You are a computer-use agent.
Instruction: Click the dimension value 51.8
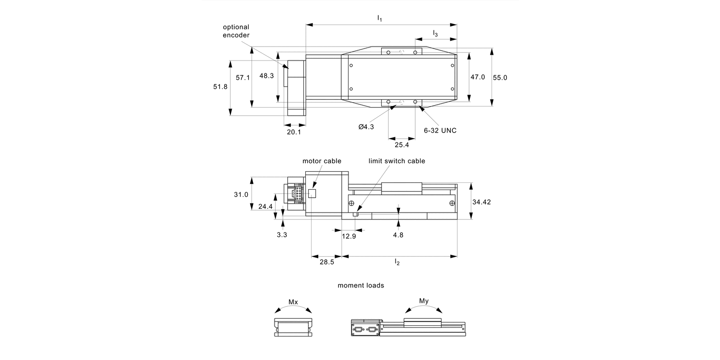[x=220, y=86]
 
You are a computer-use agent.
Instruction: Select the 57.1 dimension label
[x=242, y=77]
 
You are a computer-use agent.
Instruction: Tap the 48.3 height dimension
[x=266, y=76]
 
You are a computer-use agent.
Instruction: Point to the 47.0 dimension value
[x=478, y=77]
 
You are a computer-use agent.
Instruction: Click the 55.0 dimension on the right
[x=500, y=77]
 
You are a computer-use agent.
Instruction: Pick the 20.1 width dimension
[x=294, y=132]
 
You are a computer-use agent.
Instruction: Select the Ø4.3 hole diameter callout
[x=366, y=127]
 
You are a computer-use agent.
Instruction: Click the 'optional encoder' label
[x=236, y=31]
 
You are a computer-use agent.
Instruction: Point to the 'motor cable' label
[x=322, y=161]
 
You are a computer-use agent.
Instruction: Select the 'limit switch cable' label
[x=396, y=161]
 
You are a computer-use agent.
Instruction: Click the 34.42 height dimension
[x=481, y=202]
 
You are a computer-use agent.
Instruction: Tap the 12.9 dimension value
[x=349, y=236]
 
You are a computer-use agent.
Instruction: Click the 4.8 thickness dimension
[x=398, y=235]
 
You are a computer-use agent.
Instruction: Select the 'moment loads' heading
[x=360, y=285]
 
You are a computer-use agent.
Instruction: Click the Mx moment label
[x=293, y=302]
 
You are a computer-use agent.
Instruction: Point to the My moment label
[x=424, y=301]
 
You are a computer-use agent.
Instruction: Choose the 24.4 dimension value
[x=265, y=206]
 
